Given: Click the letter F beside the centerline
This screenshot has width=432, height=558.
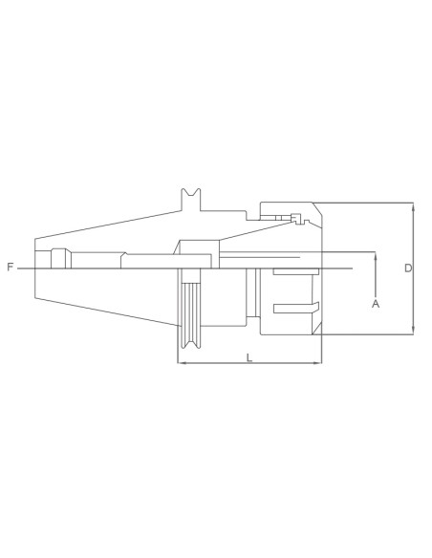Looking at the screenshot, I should click(x=10, y=268).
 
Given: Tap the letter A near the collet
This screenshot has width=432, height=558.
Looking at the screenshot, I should click(x=376, y=303).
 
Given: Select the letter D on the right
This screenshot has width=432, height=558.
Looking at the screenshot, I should click(x=407, y=268).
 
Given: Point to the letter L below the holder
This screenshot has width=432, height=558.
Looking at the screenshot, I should click(x=249, y=357).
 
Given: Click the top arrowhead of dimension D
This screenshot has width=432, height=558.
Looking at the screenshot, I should click(x=413, y=205).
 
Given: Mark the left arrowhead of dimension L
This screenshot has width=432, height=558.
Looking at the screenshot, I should click(x=181, y=363).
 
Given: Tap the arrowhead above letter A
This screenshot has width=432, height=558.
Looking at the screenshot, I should click(x=376, y=256).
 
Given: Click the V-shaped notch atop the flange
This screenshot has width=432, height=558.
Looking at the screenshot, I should click(x=192, y=197).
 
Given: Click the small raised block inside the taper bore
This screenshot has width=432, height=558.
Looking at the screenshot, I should click(x=58, y=256).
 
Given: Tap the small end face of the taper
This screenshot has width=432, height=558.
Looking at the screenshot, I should click(x=35, y=268).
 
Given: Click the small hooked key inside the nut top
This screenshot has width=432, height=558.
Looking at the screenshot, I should click(x=298, y=217).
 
